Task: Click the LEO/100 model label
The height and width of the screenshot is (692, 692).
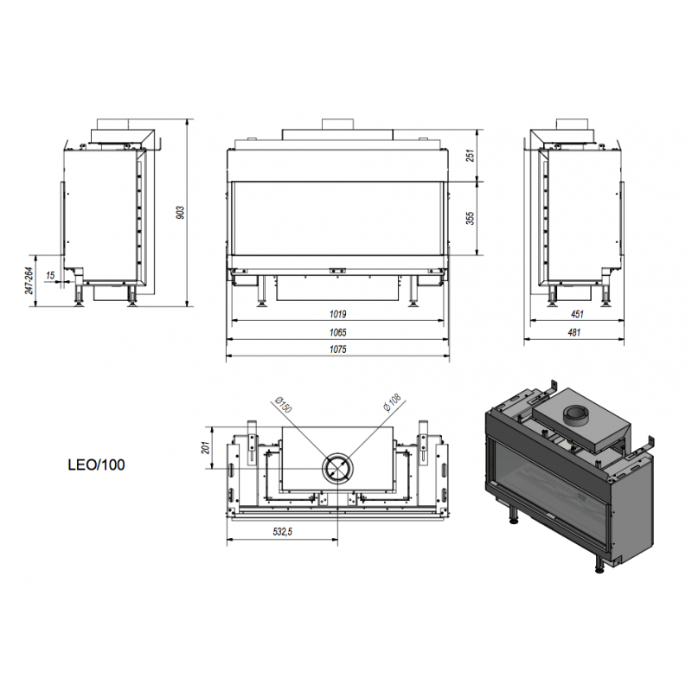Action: pos(96,465)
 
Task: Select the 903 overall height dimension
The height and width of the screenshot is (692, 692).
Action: pos(180,213)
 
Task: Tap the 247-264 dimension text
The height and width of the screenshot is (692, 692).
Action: pos(29,280)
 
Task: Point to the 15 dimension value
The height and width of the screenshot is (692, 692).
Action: pos(50,275)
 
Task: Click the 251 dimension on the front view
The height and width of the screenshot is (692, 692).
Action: pos(471,156)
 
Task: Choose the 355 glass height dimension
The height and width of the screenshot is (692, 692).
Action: pos(471,218)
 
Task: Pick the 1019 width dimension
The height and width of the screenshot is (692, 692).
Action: pos(337,314)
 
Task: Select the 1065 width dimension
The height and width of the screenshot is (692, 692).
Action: pos(337,332)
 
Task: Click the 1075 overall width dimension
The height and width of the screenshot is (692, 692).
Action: pos(337,349)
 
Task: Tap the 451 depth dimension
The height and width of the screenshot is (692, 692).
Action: pos(577,314)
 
